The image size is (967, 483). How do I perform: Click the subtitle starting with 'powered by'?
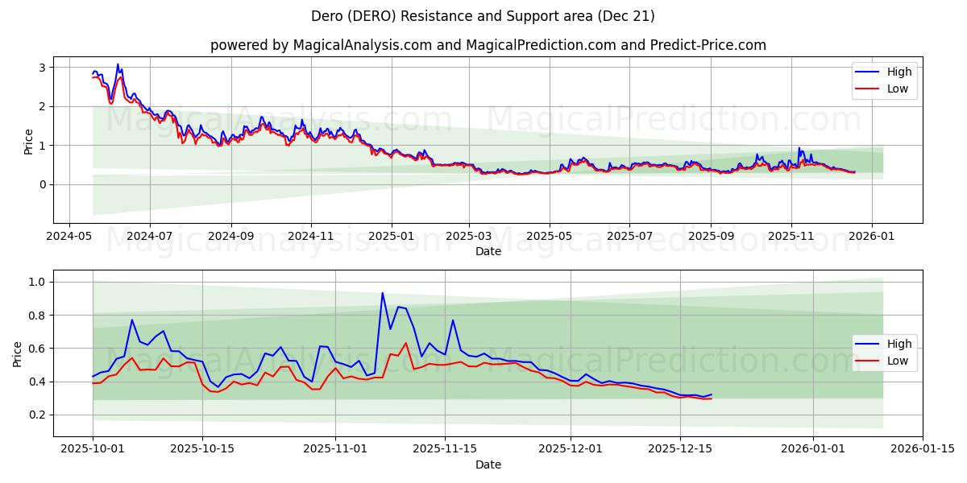[488, 45]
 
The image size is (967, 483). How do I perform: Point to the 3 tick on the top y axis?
[44, 68]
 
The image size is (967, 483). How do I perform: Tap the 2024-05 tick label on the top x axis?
[68, 237]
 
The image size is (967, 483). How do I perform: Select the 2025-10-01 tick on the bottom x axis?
[93, 450]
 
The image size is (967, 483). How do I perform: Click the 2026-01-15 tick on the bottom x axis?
[923, 450]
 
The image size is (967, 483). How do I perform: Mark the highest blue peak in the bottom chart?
[382, 293]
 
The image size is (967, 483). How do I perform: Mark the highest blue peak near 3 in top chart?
[118, 64]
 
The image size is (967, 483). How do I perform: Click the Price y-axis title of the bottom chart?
[18, 353]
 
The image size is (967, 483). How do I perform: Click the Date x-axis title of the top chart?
[488, 251]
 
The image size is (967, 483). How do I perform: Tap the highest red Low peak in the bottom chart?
[405, 344]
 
